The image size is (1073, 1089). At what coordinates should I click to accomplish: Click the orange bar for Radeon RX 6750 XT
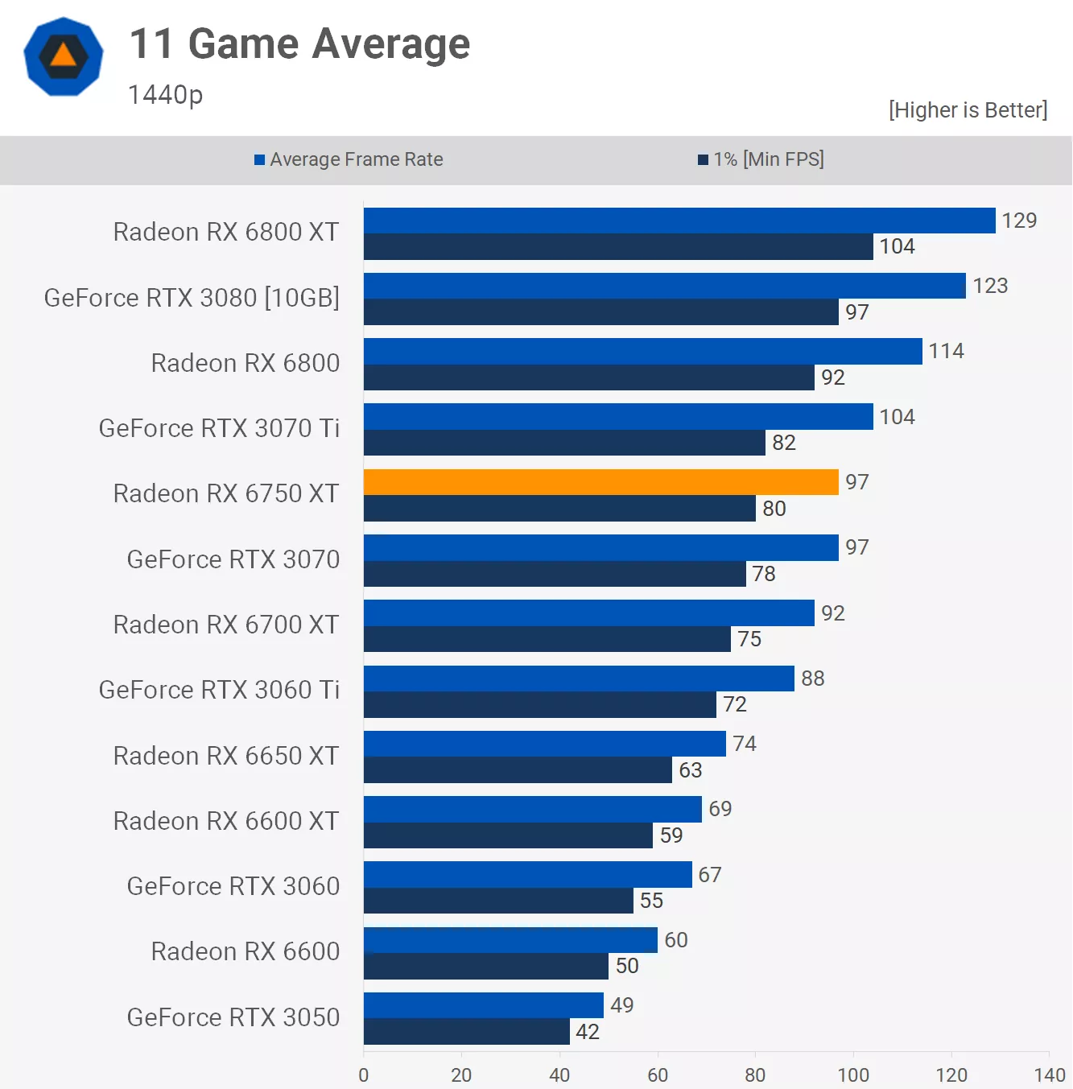(600, 482)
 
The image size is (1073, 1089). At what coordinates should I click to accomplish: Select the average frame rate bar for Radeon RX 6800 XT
(679, 221)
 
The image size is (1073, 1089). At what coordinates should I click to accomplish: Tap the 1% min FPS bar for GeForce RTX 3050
(467, 1032)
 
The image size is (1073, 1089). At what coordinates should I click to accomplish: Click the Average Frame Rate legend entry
(349, 159)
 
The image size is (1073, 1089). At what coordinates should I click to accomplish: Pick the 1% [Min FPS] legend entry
(761, 159)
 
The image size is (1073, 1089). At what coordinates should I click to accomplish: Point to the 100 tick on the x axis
(853, 1075)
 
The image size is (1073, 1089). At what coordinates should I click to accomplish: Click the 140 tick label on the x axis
(1049, 1075)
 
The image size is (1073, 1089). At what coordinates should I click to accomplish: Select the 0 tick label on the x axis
(364, 1075)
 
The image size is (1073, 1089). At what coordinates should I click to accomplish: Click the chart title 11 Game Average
(299, 44)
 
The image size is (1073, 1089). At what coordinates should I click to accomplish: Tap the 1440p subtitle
(165, 95)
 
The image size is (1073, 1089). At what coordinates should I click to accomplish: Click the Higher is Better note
(968, 110)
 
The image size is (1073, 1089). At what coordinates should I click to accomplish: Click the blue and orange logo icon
(64, 57)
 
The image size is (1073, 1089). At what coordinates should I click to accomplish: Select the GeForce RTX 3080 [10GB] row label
(192, 298)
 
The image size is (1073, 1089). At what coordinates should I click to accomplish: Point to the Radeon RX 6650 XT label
(226, 756)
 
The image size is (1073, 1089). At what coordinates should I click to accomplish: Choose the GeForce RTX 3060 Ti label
(219, 690)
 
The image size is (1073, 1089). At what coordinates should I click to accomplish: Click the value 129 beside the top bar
(1019, 221)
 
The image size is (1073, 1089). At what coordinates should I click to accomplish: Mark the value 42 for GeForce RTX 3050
(588, 1032)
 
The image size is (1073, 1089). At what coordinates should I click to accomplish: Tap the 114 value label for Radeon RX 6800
(946, 351)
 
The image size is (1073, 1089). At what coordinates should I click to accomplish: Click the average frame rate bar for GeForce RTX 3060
(527, 875)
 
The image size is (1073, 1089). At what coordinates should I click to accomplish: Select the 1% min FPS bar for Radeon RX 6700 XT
(547, 639)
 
